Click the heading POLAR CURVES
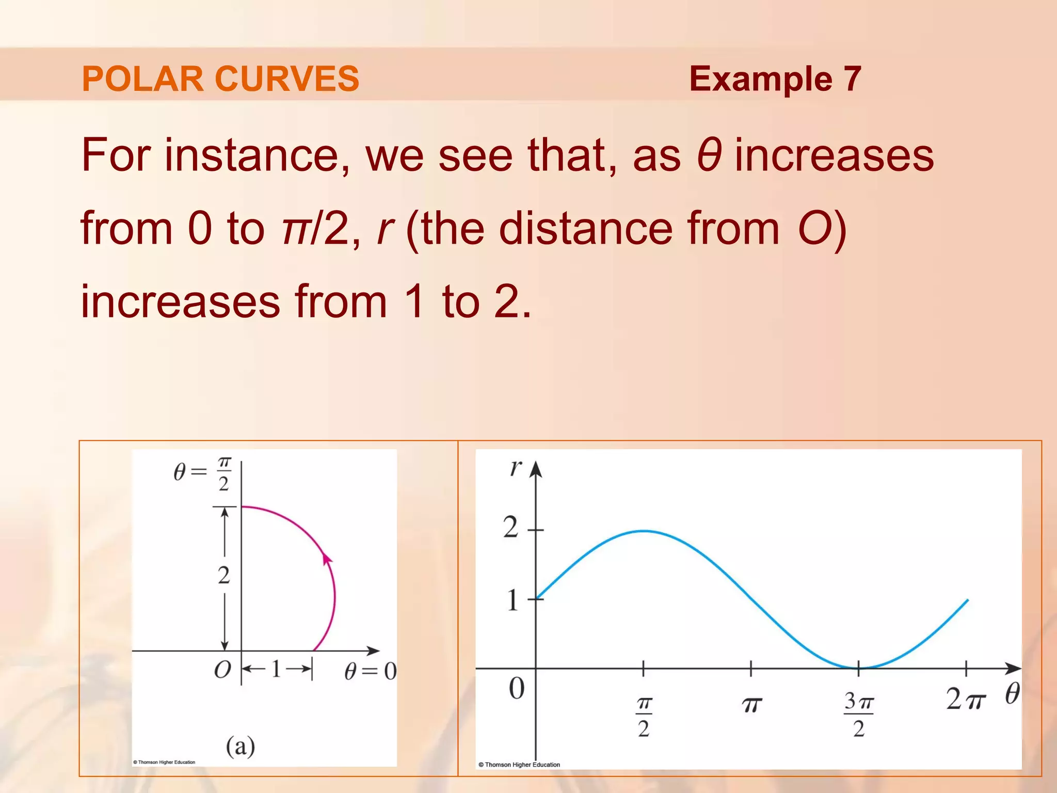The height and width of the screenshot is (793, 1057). click(220, 79)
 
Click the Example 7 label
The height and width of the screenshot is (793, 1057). click(775, 79)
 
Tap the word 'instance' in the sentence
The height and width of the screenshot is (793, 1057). click(257, 155)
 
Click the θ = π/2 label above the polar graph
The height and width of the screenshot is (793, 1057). click(203, 472)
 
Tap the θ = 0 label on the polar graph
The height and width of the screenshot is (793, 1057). click(370, 671)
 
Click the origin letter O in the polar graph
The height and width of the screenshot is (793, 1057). click(222, 670)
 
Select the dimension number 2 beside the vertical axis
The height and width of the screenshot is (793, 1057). click(223, 575)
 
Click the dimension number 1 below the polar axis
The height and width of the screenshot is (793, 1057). click(276, 669)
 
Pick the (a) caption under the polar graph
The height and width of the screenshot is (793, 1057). click(241, 746)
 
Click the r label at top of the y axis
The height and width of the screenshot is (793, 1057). click(516, 467)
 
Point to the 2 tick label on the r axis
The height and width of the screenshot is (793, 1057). click(510, 528)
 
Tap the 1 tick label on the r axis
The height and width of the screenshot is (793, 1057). click(512, 600)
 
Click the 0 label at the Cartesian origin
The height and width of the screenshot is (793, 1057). click(517, 688)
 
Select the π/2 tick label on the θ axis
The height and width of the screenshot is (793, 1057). click(644, 717)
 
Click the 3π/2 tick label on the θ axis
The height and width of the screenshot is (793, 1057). click(858, 715)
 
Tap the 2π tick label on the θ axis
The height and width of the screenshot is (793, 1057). click(966, 700)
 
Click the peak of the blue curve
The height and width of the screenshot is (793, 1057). click(643, 531)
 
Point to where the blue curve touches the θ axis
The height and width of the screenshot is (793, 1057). click(859, 668)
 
